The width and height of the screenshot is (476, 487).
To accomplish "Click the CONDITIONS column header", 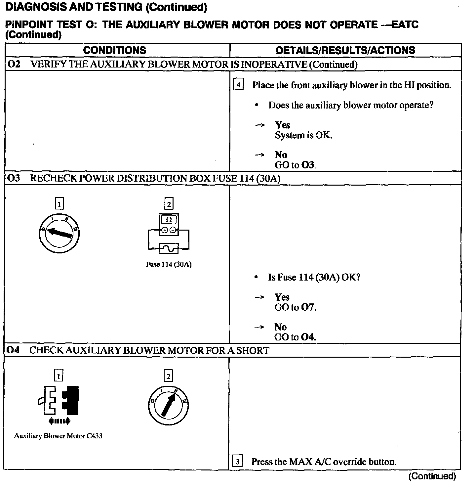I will point(114,50).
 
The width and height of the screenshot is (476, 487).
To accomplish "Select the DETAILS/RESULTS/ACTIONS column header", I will point(345,50).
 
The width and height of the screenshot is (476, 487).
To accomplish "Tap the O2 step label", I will point(14,64).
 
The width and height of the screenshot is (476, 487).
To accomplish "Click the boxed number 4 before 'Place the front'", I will point(238,85).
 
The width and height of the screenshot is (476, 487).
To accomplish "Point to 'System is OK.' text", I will point(303,135).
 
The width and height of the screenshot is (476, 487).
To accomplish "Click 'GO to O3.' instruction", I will point(295,165).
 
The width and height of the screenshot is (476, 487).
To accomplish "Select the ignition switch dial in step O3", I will point(59,233).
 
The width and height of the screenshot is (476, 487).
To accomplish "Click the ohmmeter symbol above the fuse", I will point(169,224).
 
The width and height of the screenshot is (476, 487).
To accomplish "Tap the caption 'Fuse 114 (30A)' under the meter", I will point(169,265).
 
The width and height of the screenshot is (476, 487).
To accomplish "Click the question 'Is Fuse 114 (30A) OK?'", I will point(314,277).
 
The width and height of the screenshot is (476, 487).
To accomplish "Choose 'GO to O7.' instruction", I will point(295,307).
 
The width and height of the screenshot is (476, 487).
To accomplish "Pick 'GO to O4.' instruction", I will point(295,337).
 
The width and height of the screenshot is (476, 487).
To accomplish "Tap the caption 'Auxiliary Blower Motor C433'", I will point(58,436).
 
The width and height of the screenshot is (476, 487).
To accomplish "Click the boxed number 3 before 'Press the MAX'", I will point(238,461).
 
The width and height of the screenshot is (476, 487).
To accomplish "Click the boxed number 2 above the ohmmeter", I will point(169,204).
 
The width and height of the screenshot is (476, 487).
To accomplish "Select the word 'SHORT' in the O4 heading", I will point(253,350).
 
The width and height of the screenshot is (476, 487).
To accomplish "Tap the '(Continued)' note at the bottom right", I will point(432,476).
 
